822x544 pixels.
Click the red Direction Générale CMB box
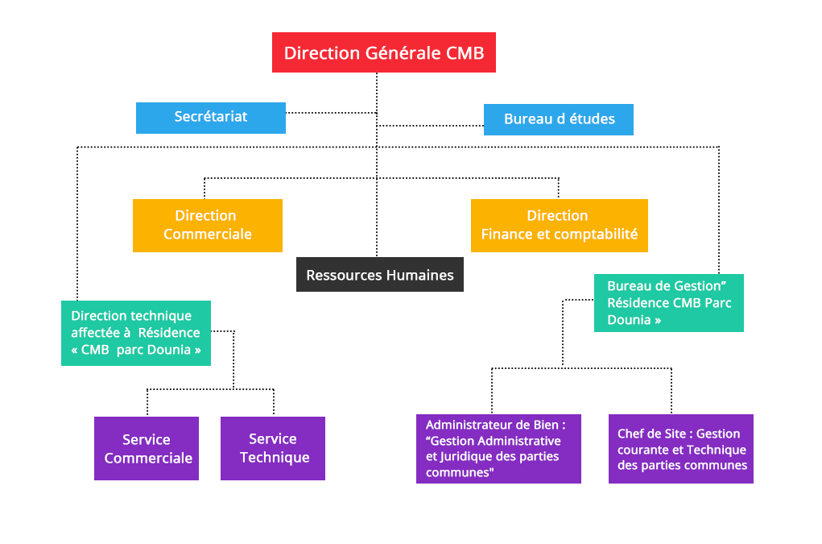point(383,53)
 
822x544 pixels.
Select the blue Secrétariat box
point(211,118)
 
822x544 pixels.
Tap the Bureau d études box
point(559,119)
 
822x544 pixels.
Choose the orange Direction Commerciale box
point(208,226)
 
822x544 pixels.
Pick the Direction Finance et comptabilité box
point(559,226)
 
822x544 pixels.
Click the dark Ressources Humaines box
point(380,275)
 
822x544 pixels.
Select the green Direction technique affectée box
point(135,333)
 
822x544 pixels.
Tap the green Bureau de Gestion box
point(668,303)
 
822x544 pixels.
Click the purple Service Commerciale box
point(147,449)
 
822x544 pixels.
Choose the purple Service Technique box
point(273,448)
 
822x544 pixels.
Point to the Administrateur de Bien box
point(498,449)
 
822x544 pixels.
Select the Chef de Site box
point(681,450)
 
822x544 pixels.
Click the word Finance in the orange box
point(506,235)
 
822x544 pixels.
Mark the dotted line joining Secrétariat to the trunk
point(330,113)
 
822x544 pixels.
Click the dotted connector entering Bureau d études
point(431,126)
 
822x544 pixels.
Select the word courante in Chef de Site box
point(642,450)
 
